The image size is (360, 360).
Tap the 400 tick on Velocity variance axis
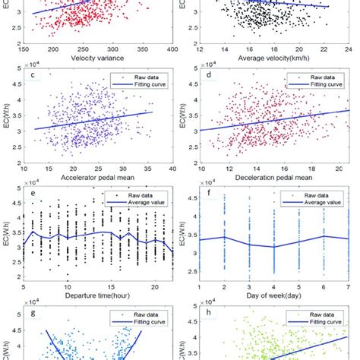click(172, 48)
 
